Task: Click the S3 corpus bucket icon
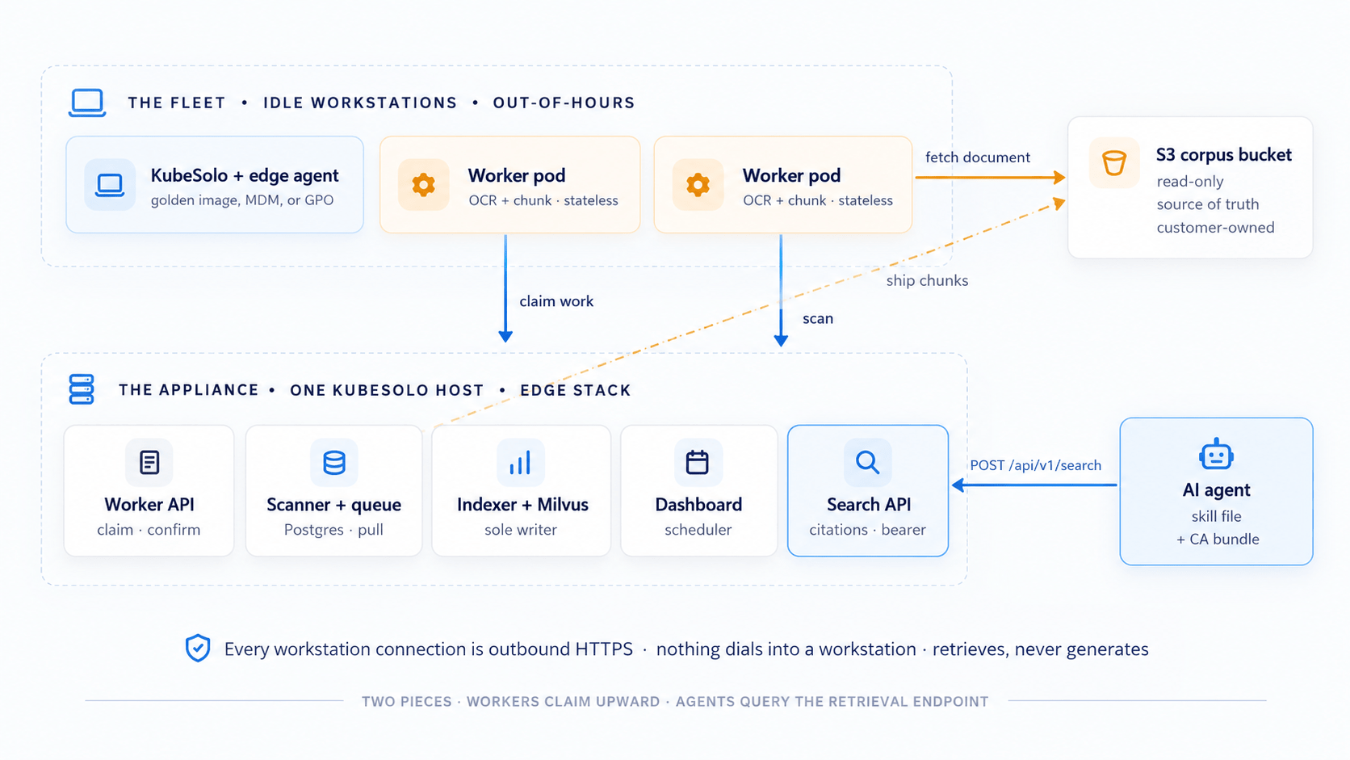1113,162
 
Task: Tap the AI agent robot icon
1216,454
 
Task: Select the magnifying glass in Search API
867,462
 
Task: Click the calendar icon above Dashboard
698,462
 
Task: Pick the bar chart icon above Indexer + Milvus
520,462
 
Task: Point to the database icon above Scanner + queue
334,462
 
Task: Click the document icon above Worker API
149,462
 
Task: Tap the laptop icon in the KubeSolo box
110,185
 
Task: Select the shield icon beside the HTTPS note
198,648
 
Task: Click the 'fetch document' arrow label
978,157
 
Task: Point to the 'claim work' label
556,300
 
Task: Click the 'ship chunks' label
927,280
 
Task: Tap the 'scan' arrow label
818,318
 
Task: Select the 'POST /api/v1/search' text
1035,465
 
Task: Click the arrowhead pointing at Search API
959,485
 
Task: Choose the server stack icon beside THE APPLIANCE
82,389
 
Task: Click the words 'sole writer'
521,529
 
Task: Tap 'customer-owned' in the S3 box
1215,227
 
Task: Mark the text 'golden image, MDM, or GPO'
241,200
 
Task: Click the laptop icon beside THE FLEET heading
87,103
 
